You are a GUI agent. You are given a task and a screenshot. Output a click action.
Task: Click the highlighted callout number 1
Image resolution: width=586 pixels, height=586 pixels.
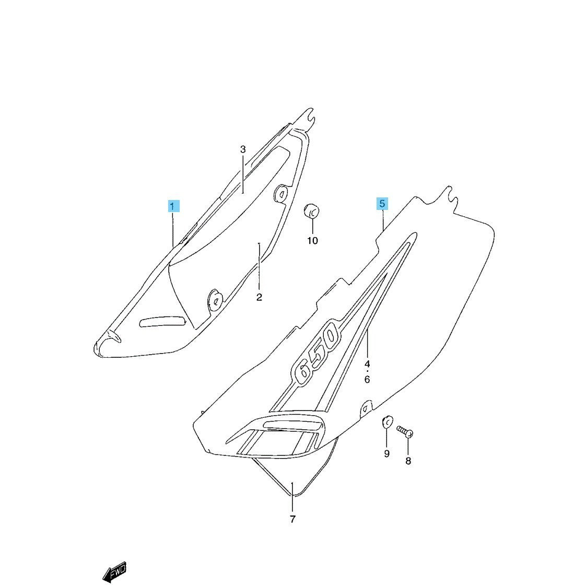click(173, 206)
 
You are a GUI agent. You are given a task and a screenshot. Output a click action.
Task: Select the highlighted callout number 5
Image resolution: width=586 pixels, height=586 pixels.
click(382, 204)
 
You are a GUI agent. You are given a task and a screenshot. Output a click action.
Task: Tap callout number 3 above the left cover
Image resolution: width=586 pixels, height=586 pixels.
click(243, 149)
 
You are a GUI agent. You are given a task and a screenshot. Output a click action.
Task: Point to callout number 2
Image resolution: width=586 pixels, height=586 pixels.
click(259, 298)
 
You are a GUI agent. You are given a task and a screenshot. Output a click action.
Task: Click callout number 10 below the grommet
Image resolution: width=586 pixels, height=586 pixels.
click(312, 241)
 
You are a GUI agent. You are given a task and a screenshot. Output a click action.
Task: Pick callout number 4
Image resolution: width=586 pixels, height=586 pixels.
click(367, 364)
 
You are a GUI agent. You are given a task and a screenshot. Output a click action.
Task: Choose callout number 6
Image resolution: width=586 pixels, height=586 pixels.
click(367, 380)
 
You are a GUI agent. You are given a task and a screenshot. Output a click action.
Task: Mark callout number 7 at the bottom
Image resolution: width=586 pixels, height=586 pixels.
click(292, 519)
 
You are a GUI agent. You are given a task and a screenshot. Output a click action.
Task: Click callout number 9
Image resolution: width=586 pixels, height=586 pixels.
click(387, 454)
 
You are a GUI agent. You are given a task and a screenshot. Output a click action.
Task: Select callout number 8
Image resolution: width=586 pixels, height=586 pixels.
click(408, 461)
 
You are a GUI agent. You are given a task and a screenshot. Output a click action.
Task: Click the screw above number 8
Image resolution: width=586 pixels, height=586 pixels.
click(405, 431)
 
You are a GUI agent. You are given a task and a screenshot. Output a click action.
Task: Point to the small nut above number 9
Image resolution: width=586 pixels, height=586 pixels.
click(387, 421)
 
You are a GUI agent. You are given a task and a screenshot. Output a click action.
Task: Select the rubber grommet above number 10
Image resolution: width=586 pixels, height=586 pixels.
click(311, 212)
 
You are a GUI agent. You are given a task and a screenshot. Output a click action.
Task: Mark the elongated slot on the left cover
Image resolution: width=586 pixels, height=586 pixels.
click(162, 321)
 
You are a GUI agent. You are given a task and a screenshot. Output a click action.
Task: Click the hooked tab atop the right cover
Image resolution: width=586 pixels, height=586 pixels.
click(450, 196)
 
